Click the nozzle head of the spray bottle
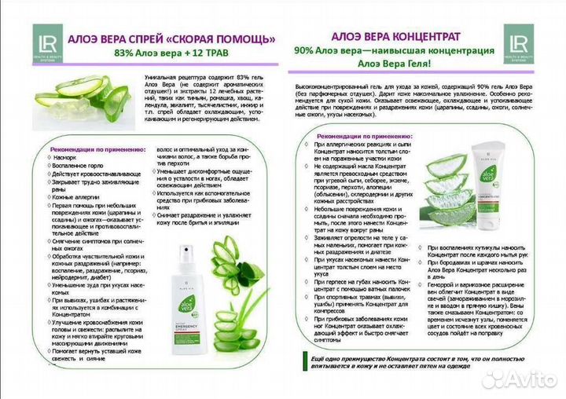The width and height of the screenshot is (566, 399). tap(186, 258)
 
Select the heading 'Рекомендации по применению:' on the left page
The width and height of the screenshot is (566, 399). tap(97, 148)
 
